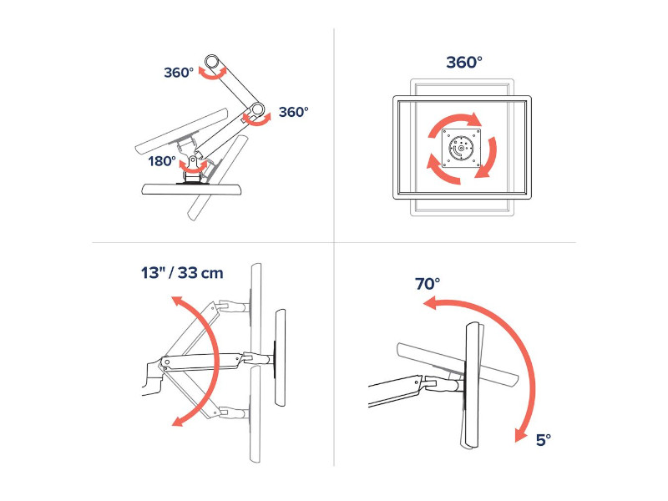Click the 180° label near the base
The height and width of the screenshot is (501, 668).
click(162, 161)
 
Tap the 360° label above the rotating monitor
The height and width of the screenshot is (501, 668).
click(464, 62)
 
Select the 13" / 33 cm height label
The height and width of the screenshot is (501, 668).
click(182, 273)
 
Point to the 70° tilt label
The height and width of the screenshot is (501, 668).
click(428, 284)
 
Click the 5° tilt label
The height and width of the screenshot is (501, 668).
click(544, 440)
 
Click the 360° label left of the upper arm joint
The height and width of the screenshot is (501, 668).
click(179, 73)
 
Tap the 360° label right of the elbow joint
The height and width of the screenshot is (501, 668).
click(294, 112)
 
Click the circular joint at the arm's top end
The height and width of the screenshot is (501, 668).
click(212, 61)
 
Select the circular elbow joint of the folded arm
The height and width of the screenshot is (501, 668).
click(257, 109)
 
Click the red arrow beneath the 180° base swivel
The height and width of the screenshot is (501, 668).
click(193, 170)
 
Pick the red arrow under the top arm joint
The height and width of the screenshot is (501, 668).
click(214, 75)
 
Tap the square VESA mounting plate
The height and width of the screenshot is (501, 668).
click(462, 149)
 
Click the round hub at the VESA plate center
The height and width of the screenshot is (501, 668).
click(460, 149)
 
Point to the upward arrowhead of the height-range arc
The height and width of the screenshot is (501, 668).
click(178, 301)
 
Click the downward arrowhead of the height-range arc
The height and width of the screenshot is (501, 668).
click(178, 421)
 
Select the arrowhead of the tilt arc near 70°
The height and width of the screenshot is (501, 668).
click(429, 303)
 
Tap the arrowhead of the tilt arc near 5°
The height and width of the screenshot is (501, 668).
click(521, 434)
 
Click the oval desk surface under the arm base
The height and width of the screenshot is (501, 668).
click(193, 190)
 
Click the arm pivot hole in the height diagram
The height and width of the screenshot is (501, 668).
click(167, 362)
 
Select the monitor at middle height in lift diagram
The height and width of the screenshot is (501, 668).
click(280, 358)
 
